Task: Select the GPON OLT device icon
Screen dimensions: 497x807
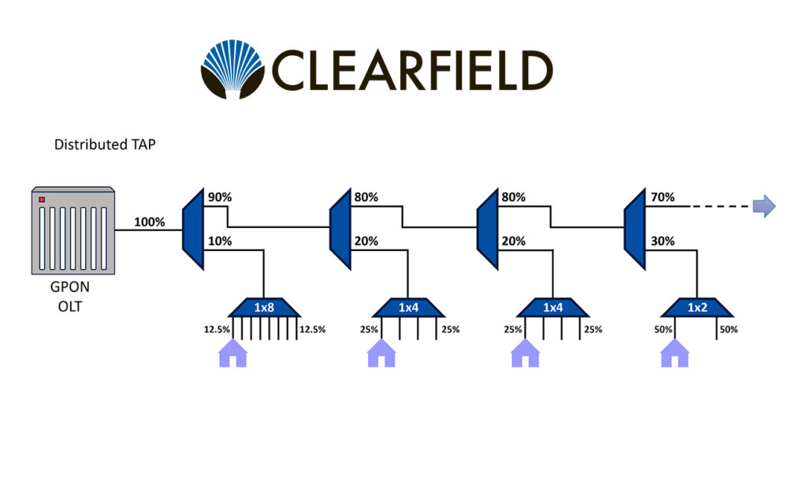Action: tap(73, 230)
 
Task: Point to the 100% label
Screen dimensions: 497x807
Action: tap(150, 222)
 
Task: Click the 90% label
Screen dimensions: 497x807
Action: tap(219, 197)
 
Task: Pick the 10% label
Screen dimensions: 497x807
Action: tap(219, 241)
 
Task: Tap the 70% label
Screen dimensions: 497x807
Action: tap(662, 197)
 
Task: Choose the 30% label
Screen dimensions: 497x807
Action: tap(662, 241)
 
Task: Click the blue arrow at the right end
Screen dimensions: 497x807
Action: tap(764, 207)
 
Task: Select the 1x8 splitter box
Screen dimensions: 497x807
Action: tap(263, 307)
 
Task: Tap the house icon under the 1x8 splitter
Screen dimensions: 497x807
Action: tap(232, 353)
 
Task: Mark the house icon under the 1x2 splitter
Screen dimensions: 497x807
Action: tap(674, 353)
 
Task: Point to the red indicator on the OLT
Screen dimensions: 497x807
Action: tap(42, 199)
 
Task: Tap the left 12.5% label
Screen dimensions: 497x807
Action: tap(214, 329)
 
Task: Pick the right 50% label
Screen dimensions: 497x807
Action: tap(727, 329)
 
